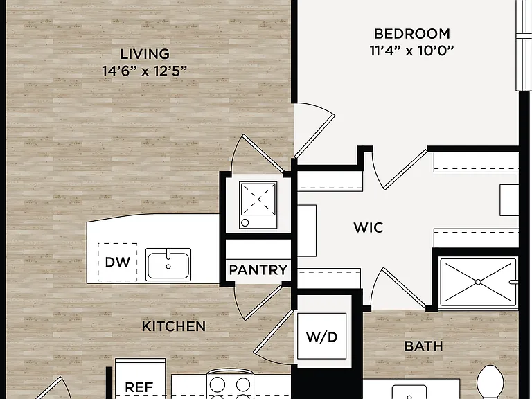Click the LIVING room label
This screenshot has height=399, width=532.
point(145,54)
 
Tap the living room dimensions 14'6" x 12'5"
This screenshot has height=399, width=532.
point(145,71)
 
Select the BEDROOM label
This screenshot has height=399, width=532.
point(412,34)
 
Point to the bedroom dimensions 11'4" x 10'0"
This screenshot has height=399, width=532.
point(412,51)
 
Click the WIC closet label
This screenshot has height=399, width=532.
point(369,228)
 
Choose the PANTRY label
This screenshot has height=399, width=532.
point(258,270)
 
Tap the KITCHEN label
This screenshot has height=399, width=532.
point(173,326)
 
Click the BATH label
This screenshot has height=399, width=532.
point(424,346)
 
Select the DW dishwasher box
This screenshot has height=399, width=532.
point(117,262)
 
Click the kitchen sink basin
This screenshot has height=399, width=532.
point(168,265)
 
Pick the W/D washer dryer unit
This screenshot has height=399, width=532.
point(321,336)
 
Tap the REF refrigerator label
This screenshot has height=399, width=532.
point(139,387)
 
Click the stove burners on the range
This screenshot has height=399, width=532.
point(231,387)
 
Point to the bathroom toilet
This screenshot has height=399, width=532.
point(490,382)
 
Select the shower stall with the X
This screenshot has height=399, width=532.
point(478,283)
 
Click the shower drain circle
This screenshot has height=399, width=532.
point(478,282)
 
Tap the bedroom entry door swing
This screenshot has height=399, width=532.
point(314,131)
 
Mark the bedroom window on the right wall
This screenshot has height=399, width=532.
point(524,46)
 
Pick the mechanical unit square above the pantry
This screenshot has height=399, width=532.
point(258,205)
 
